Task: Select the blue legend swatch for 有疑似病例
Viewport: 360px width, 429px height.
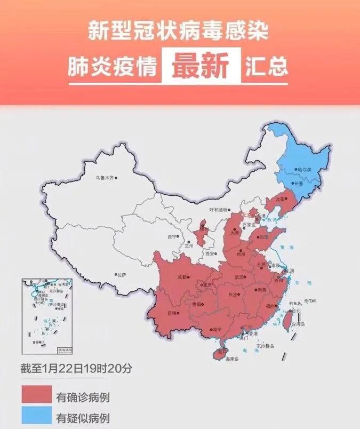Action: click(37, 417)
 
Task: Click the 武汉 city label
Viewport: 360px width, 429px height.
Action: click(238, 277)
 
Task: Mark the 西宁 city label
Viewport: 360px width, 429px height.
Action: click(171, 236)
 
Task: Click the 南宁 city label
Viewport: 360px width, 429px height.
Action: click(215, 330)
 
